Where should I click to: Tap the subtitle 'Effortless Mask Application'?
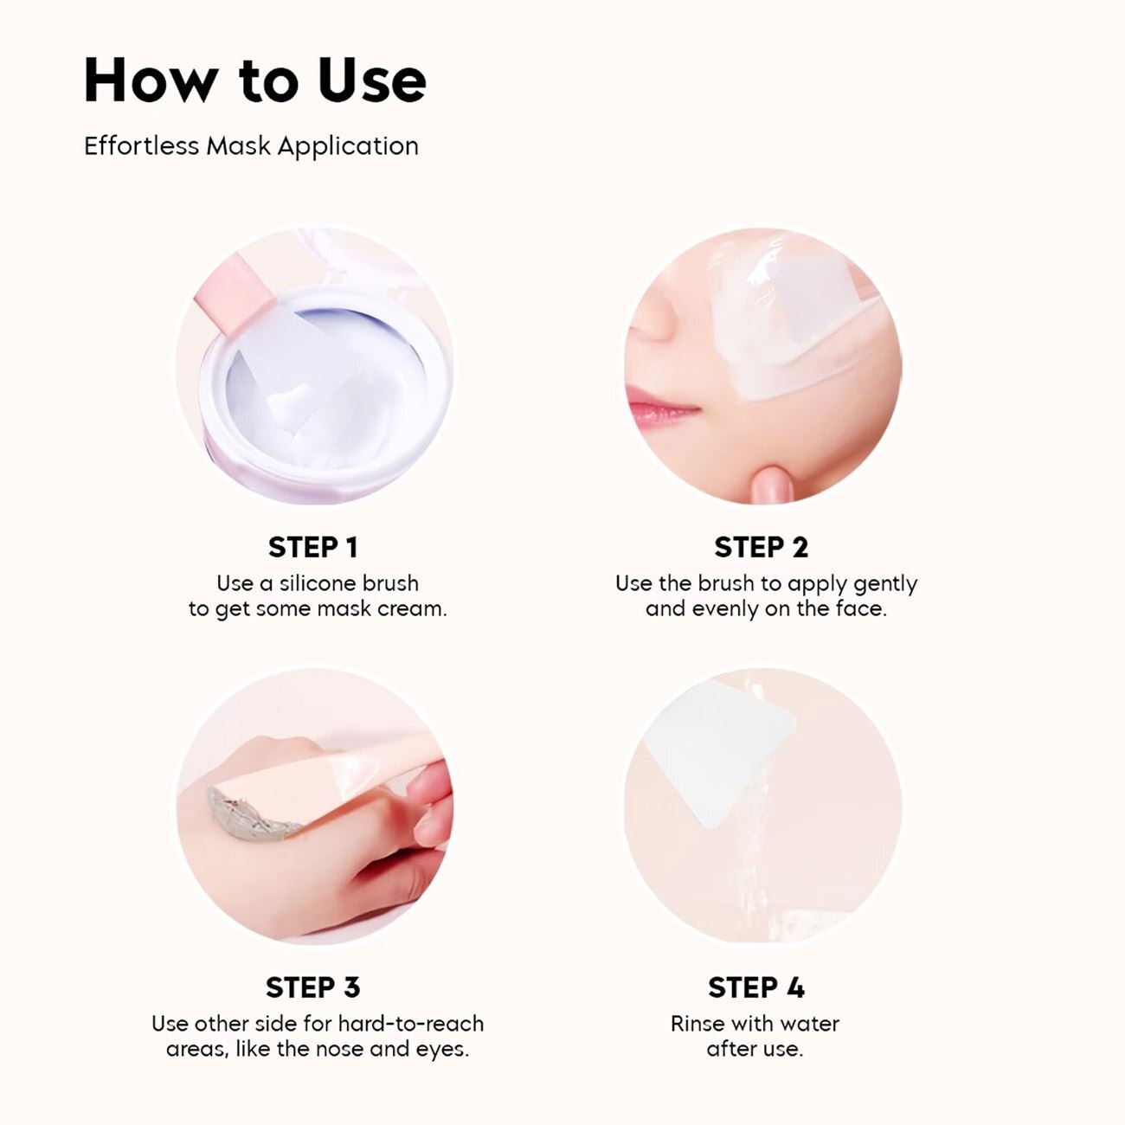251,146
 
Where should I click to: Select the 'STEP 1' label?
313,548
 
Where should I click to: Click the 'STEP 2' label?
762,548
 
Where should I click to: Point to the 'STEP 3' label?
313,987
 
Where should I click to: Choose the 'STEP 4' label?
756,987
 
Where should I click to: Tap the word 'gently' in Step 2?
885,584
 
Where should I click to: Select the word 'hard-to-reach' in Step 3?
411,1024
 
